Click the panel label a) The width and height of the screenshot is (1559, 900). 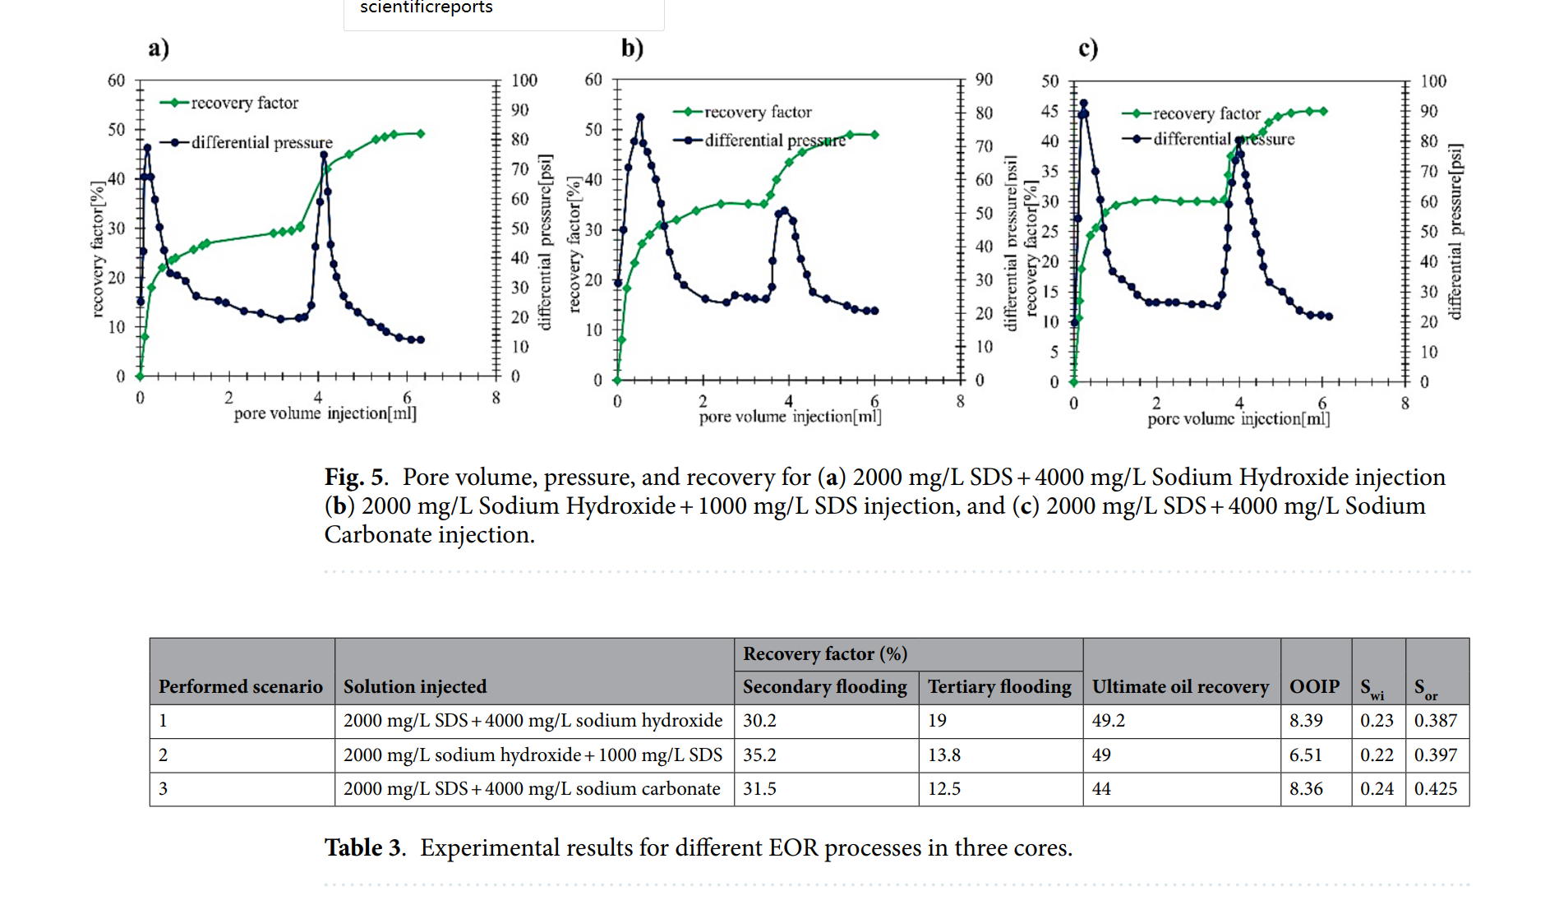point(159,48)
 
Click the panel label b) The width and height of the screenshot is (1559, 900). point(632,48)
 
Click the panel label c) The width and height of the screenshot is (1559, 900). point(1088,49)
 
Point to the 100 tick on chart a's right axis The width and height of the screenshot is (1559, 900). point(524,81)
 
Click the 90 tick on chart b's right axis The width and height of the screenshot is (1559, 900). point(984,80)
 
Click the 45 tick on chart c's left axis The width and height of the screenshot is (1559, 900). point(1049,111)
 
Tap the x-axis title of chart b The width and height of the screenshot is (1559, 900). point(790,417)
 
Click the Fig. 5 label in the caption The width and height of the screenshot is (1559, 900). point(355,478)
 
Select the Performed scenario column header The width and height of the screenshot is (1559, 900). point(241,686)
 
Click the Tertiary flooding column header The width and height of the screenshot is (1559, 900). point(999,686)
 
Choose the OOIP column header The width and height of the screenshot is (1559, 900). point(1314,686)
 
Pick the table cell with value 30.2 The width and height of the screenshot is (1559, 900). point(759,721)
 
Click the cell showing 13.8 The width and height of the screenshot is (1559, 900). point(944,755)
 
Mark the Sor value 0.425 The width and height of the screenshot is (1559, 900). point(1435,789)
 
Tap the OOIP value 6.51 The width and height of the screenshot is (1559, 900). point(1306,755)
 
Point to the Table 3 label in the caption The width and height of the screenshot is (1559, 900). point(364,847)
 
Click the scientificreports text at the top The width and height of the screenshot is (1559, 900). point(426,7)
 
